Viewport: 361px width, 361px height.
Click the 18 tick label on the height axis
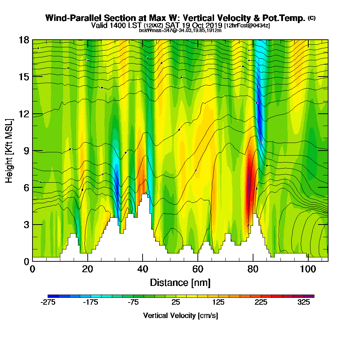(x=24, y=40)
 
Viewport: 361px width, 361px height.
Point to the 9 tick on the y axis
(x=32, y=151)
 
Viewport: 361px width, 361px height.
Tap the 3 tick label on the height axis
(x=26, y=225)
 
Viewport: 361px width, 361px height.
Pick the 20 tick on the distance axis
(x=88, y=261)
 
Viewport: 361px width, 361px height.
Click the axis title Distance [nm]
(x=180, y=282)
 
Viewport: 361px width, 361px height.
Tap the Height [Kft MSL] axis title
(x=9, y=150)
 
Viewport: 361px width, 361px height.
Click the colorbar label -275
(x=48, y=303)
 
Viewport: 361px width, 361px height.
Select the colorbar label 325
(x=304, y=303)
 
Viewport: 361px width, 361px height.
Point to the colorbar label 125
(x=218, y=303)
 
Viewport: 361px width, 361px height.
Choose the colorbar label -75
(x=133, y=303)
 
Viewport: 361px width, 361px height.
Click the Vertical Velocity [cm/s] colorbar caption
(x=180, y=316)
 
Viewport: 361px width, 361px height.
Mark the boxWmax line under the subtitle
(x=180, y=30)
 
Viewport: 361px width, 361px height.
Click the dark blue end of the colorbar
(x=50, y=296)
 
